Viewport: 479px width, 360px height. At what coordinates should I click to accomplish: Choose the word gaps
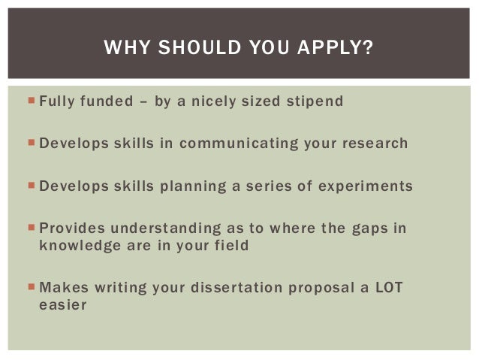369,227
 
